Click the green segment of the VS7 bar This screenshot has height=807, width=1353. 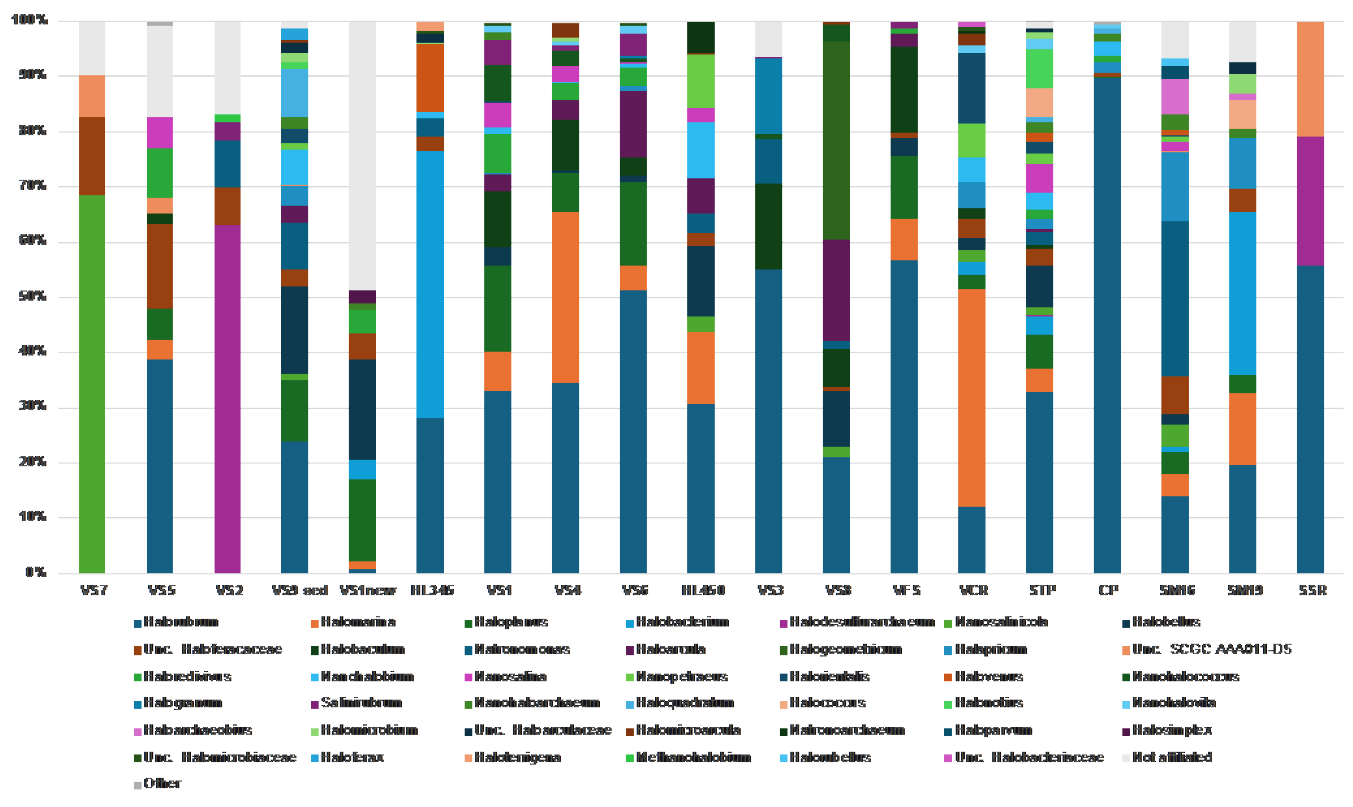click(x=92, y=383)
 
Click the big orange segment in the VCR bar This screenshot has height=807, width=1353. click(x=972, y=398)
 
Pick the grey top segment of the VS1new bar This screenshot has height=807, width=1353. click(x=362, y=155)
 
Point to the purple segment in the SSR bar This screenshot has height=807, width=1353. click(x=1310, y=201)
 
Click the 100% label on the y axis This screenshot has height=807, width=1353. click(x=30, y=20)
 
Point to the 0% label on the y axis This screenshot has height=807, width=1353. click(x=36, y=572)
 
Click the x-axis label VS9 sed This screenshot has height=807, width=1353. click(x=300, y=590)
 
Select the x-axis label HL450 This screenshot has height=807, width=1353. click(x=703, y=590)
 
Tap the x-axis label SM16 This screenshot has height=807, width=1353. click(x=1177, y=590)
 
